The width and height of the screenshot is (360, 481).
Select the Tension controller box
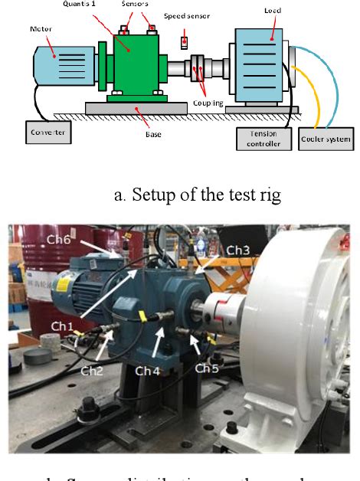pyautogui.click(x=263, y=139)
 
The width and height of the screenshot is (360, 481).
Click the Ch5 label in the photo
pyautogui.click(x=206, y=368)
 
